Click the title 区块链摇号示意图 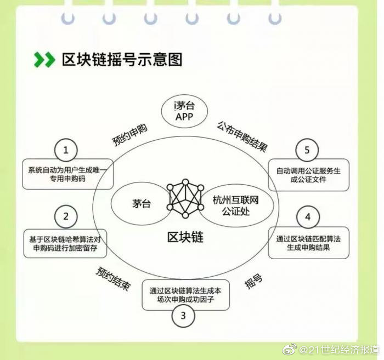point(121,59)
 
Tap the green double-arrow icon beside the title point(44,59)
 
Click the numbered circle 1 point(66,150)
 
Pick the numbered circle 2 point(66,216)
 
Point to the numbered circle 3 point(183,315)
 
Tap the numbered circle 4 point(308,217)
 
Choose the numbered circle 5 point(307,150)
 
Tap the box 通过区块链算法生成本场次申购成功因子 point(185,294)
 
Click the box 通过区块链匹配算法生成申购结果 point(308,242)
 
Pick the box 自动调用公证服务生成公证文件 point(308,175)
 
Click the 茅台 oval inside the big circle point(141,204)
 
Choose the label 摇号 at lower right point(253,283)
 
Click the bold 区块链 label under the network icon point(185,237)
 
